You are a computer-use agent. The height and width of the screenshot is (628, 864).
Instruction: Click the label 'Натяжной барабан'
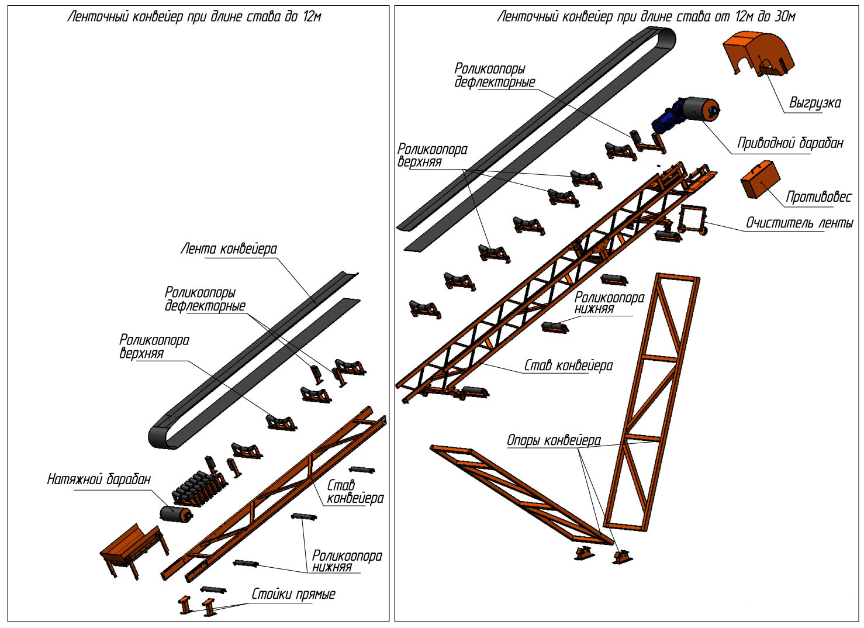tap(99, 480)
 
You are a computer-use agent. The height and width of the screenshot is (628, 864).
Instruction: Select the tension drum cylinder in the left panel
tap(175, 514)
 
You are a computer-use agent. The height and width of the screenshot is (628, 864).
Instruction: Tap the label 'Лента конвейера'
tap(229, 250)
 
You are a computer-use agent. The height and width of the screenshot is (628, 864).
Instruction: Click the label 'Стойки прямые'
tap(293, 595)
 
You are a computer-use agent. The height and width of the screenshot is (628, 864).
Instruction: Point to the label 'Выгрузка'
tap(815, 103)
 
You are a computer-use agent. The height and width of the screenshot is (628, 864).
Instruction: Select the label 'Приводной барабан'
tap(790, 143)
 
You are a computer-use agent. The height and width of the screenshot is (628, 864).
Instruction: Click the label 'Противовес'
tap(818, 197)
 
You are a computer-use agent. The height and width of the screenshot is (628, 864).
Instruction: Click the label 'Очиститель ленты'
tap(799, 223)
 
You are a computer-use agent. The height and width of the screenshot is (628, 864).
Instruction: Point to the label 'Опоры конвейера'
tap(554, 440)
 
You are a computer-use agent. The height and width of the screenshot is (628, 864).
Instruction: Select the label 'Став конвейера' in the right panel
tap(568, 366)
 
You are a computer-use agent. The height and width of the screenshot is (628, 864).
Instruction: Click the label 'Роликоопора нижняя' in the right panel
tap(609, 303)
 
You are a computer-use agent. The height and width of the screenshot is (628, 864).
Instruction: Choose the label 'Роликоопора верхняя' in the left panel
tap(154, 346)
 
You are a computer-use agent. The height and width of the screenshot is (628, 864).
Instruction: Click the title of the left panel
tap(195, 16)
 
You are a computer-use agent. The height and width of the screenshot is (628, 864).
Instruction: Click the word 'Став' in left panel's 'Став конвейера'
tap(341, 485)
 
